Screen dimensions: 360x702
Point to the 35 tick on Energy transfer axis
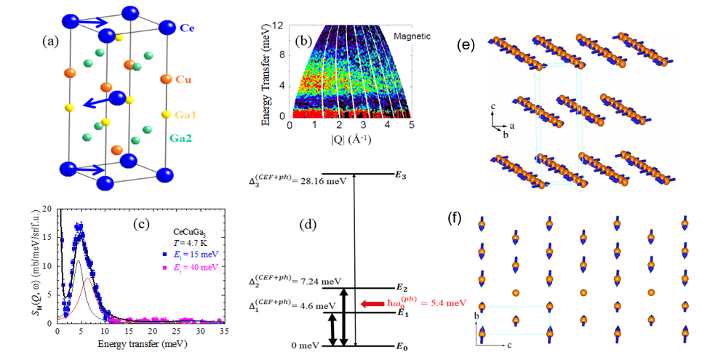[223, 332]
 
